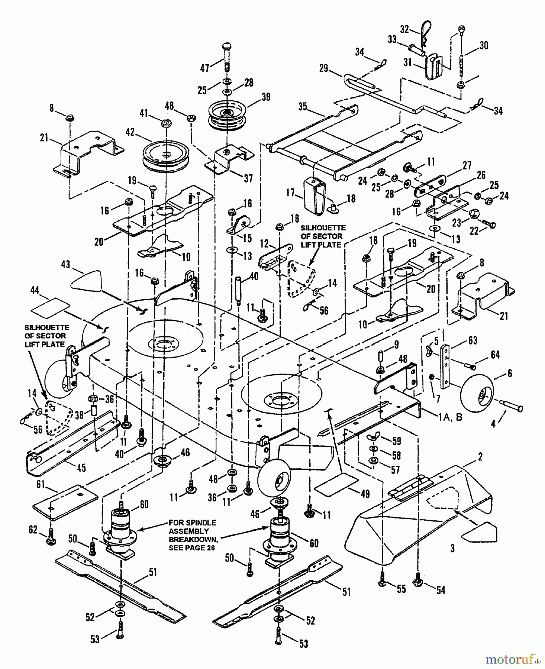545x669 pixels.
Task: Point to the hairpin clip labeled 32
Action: coord(421,35)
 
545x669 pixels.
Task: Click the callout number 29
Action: coord(324,68)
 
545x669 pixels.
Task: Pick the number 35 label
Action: coord(302,106)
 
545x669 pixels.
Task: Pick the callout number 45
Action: coord(81,467)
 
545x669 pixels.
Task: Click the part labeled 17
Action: coord(315,196)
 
